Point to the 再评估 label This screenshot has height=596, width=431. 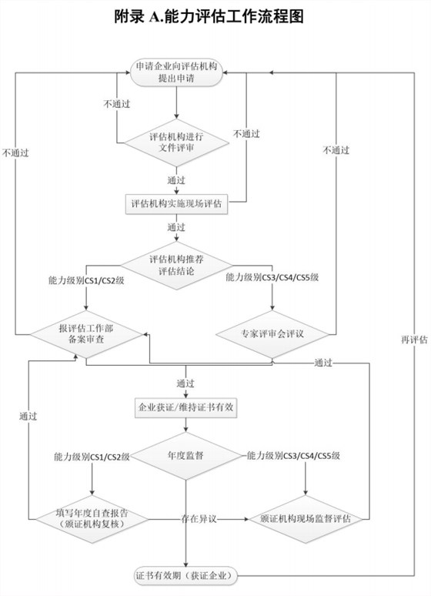click(x=413, y=339)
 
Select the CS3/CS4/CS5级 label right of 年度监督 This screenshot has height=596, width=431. click(x=293, y=457)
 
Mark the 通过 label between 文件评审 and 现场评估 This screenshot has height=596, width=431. click(x=176, y=180)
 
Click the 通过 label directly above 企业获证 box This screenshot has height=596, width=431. click(x=185, y=383)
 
